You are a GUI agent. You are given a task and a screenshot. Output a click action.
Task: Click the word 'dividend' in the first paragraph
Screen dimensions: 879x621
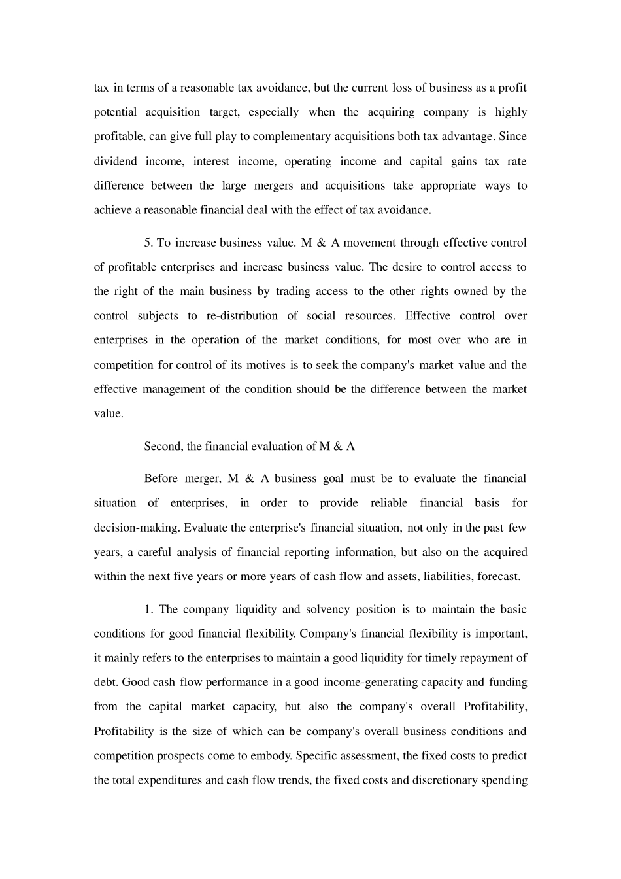[115, 162]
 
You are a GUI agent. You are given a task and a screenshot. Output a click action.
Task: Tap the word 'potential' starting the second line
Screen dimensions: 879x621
[115, 112]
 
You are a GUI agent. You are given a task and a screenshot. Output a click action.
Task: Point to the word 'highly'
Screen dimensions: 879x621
[511, 112]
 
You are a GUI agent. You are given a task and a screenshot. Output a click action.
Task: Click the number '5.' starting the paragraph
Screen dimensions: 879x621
[148, 243]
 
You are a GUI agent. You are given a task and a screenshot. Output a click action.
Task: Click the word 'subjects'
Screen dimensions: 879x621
[158, 316]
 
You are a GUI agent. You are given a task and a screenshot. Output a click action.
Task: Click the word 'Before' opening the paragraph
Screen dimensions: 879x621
[161, 479]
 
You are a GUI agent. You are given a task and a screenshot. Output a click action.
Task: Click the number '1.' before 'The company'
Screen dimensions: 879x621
[148, 610]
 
